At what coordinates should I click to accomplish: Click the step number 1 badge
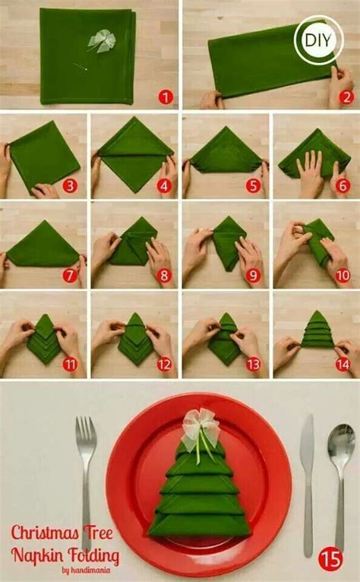pos(166,96)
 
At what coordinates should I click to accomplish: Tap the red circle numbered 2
pos(346,96)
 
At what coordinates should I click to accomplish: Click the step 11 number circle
pos(71,364)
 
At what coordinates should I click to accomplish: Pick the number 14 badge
pos(343,364)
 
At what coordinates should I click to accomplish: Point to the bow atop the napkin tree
pos(201,422)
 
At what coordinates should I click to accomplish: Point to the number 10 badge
pos(343,275)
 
